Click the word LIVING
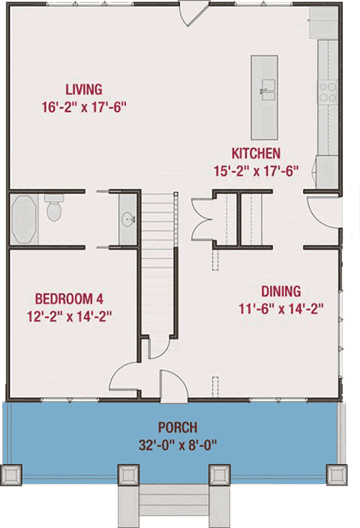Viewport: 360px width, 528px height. tap(84, 90)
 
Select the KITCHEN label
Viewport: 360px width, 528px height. tap(256, 153)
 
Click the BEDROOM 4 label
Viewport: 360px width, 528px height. tap(73, 298)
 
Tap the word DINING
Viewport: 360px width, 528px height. tap(281, 291)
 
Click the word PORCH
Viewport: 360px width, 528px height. tap(179, 426)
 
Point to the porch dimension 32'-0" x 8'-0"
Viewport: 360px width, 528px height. tap(179, 443)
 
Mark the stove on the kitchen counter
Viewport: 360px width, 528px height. tap(328, 90)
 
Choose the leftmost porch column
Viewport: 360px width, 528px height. tap(13, 475)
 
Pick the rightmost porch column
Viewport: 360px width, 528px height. tap(337, 475)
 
